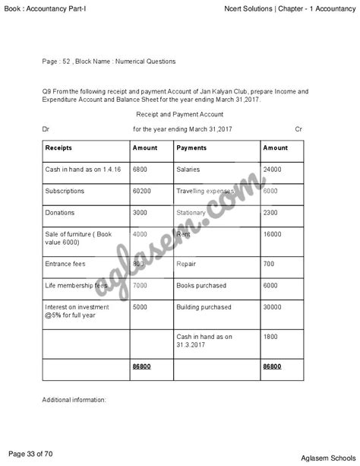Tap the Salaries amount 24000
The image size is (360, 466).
coord(272,169)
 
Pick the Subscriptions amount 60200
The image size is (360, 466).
coord(141,191)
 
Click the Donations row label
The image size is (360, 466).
coord(60,213)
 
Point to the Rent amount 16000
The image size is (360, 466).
coord(272,235)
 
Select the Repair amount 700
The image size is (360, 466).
coord(269,264)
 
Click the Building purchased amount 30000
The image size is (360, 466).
coord(272,307)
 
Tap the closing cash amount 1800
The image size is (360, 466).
coord(270,336)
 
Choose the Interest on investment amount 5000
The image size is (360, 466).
coord(140,307)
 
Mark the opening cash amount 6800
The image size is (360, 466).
coord(140,169)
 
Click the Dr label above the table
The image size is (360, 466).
coord(47,129)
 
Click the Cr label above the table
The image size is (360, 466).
coord(298,129)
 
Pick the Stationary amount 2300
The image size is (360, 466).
coord(270,213)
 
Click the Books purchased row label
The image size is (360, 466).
coord(201,285)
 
